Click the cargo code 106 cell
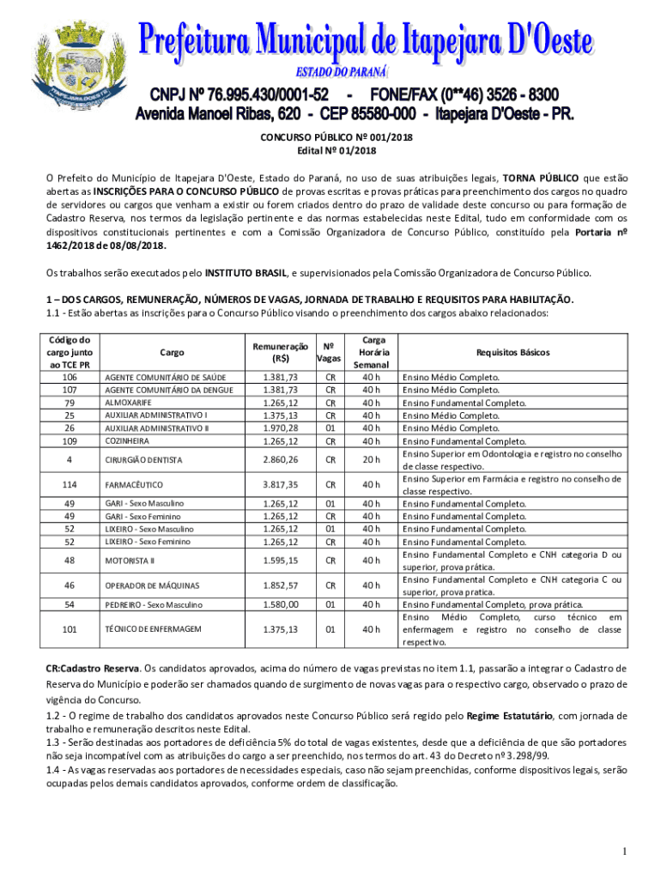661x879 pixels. pos(71,377)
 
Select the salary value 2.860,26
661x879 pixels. pos(280,460)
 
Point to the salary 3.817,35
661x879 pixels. pos(280,485)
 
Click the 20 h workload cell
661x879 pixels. pos(372,460)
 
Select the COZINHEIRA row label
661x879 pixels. pos(126,441)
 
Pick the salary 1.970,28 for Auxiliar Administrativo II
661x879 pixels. pos(280,428)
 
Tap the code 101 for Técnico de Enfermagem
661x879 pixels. pos(71,629)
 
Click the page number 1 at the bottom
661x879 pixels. pos(628,852)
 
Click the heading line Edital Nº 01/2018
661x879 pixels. pos(330,152)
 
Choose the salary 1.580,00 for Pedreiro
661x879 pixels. pos(280,604)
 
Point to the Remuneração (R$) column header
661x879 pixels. pos(280,353)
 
